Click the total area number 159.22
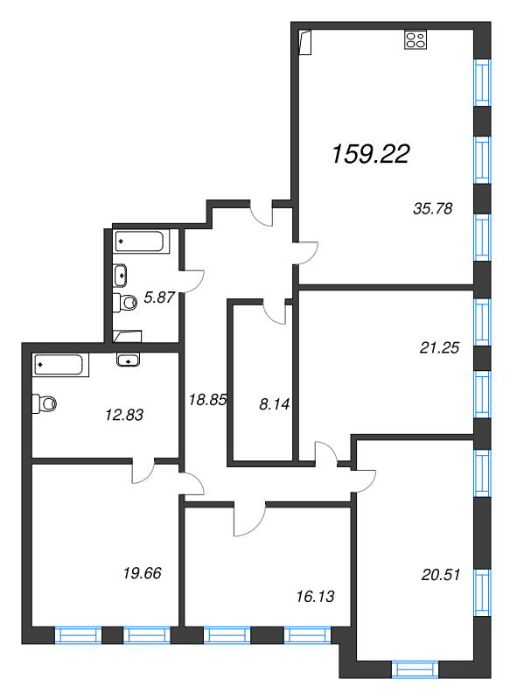coord(371,154)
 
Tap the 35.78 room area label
coord(433,208)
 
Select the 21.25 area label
coord(439,347)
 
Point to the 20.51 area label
coord(441,575)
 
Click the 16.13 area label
coord(315,597)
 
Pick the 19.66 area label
coord(142,573)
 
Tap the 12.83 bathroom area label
coord(124,415)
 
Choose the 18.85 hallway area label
coord(207,400)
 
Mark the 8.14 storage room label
coord(274,404)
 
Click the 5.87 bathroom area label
coord(159,297)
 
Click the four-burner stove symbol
coord(416,39)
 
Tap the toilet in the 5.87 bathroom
coord(124,303)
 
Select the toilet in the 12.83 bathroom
coord(45,403)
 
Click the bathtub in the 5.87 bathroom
coord(140,241)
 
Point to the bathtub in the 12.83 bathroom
coord(60,365)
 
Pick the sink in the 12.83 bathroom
coord(128,360)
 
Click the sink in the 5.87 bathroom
coord(120,275)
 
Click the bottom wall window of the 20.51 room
coord(415,669)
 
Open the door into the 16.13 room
coord(249,519)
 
